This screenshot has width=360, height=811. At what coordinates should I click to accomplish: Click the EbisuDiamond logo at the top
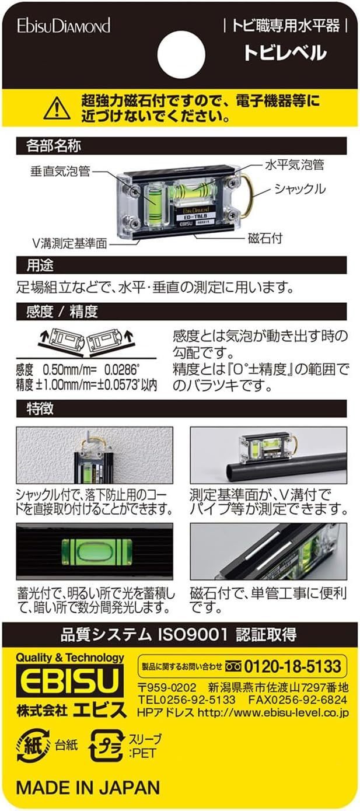click(64, 26)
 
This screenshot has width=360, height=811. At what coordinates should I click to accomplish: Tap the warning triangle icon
click(57, 109)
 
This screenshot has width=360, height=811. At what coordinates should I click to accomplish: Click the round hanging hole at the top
click(181, 55)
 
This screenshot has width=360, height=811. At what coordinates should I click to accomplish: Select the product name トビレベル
click(285, 53)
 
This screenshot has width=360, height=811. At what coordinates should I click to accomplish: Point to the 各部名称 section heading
click(53, 146)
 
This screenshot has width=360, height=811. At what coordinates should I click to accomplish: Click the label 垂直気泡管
click(60, 172)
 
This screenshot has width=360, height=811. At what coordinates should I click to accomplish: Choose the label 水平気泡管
click(295, 165)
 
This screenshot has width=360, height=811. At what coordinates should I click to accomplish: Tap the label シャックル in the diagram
click(300, 188)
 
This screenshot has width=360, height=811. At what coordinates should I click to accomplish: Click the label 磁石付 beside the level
click(265, 238)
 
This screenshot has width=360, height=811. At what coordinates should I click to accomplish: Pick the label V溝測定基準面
click(69, 243)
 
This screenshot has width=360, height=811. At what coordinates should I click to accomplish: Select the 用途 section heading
click(40, 265)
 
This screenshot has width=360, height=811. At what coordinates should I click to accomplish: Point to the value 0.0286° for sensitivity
click(122, 370)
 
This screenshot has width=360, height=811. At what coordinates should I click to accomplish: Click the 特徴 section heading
click(40, 409)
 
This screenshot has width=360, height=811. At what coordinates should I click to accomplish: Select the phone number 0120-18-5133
click(293, 666)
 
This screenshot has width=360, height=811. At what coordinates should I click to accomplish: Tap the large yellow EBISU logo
click(69, 681)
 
